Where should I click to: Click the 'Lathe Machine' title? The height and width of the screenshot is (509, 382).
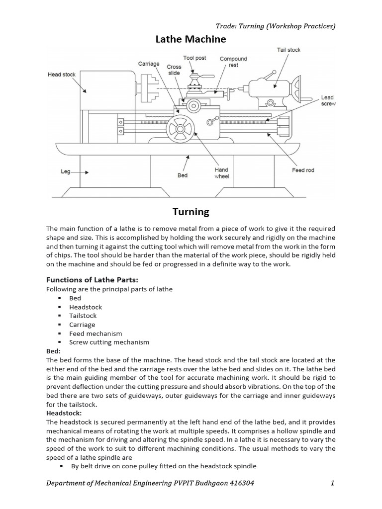pos(191,39)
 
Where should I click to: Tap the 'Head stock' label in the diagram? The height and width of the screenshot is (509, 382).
pos(62,75)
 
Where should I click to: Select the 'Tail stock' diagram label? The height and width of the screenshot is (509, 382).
pos(288,50)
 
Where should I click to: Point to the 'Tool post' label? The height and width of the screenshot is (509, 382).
pos(194,58)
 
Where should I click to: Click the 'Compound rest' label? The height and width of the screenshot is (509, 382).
pos(233,62)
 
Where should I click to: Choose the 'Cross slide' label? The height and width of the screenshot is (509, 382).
pos(174,70)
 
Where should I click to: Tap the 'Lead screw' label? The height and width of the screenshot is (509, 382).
pos(328,101)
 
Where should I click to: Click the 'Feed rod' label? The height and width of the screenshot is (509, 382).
pos(303,170)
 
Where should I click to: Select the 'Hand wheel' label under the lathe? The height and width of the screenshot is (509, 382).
pos(221,173)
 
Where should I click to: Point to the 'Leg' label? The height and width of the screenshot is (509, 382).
pos(66,171)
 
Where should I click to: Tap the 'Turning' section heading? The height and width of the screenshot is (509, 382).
pos(191,212)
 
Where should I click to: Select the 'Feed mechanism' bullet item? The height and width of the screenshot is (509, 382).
pos(95,334)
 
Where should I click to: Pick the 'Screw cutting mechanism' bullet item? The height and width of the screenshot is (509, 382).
pos(109,342)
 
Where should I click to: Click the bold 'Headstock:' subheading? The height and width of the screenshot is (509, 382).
pos(62,413)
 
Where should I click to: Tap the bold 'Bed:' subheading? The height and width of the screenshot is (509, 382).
pos(53,351)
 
